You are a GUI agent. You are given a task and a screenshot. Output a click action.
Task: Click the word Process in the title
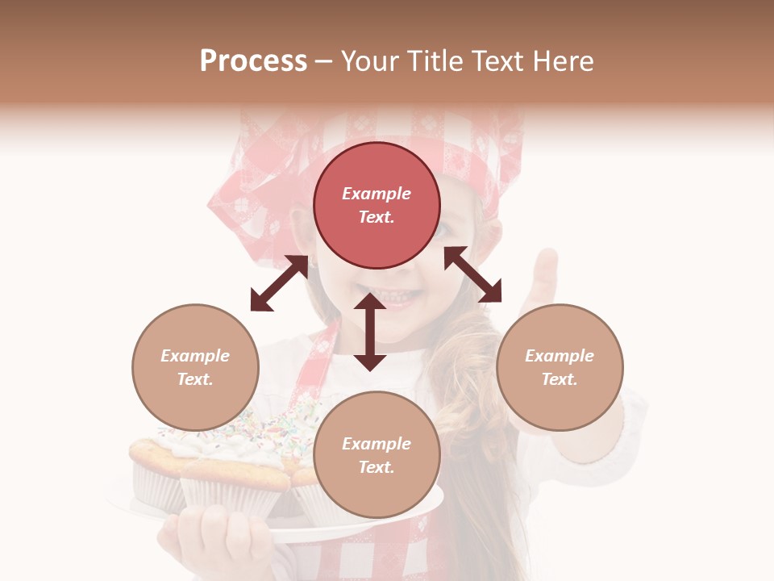tap(253, 61)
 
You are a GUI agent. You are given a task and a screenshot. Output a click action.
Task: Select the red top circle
tap(377, 205)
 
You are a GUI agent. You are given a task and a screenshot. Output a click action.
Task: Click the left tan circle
tap(195, 367)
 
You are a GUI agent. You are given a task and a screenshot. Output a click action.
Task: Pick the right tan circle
tap(560, 367)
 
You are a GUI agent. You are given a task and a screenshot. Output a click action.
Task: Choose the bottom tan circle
tap(377, 455)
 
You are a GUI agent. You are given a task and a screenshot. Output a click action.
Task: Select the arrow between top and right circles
tap(472, 274)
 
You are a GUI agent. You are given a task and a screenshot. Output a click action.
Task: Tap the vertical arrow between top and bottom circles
tap(369, 332)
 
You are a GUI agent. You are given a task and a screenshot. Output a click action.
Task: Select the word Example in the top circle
tap(377, 194)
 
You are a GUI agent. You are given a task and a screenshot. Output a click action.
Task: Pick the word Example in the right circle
tap(560, 356)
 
